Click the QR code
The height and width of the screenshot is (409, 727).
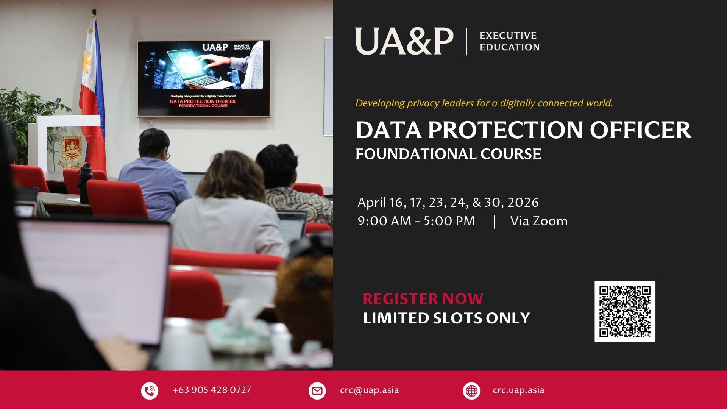(625, 311)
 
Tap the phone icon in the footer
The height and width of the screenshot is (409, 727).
(150, 390)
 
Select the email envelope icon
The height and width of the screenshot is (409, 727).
(317, 390)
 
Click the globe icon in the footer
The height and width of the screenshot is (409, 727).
(471, 390)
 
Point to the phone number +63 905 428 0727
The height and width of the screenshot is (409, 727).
(212, 390)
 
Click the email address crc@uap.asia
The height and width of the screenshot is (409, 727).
(369, 390)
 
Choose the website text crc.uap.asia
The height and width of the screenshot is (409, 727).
(518, 390)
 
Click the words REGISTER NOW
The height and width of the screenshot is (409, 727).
(423, 299)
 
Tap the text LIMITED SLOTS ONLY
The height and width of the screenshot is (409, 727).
(446, 318)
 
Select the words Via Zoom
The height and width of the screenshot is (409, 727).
(539, 221)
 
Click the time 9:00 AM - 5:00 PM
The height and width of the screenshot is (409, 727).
(416, 221)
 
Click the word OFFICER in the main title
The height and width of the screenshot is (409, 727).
(640, 130)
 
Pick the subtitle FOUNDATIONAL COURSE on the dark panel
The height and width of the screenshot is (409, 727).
(448, 154)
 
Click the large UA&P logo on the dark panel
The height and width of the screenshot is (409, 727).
(404, 41)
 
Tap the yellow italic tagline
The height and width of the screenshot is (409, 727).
(484, 103)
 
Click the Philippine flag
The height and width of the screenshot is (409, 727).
(92, 95)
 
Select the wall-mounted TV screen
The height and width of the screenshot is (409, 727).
(204, 78)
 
